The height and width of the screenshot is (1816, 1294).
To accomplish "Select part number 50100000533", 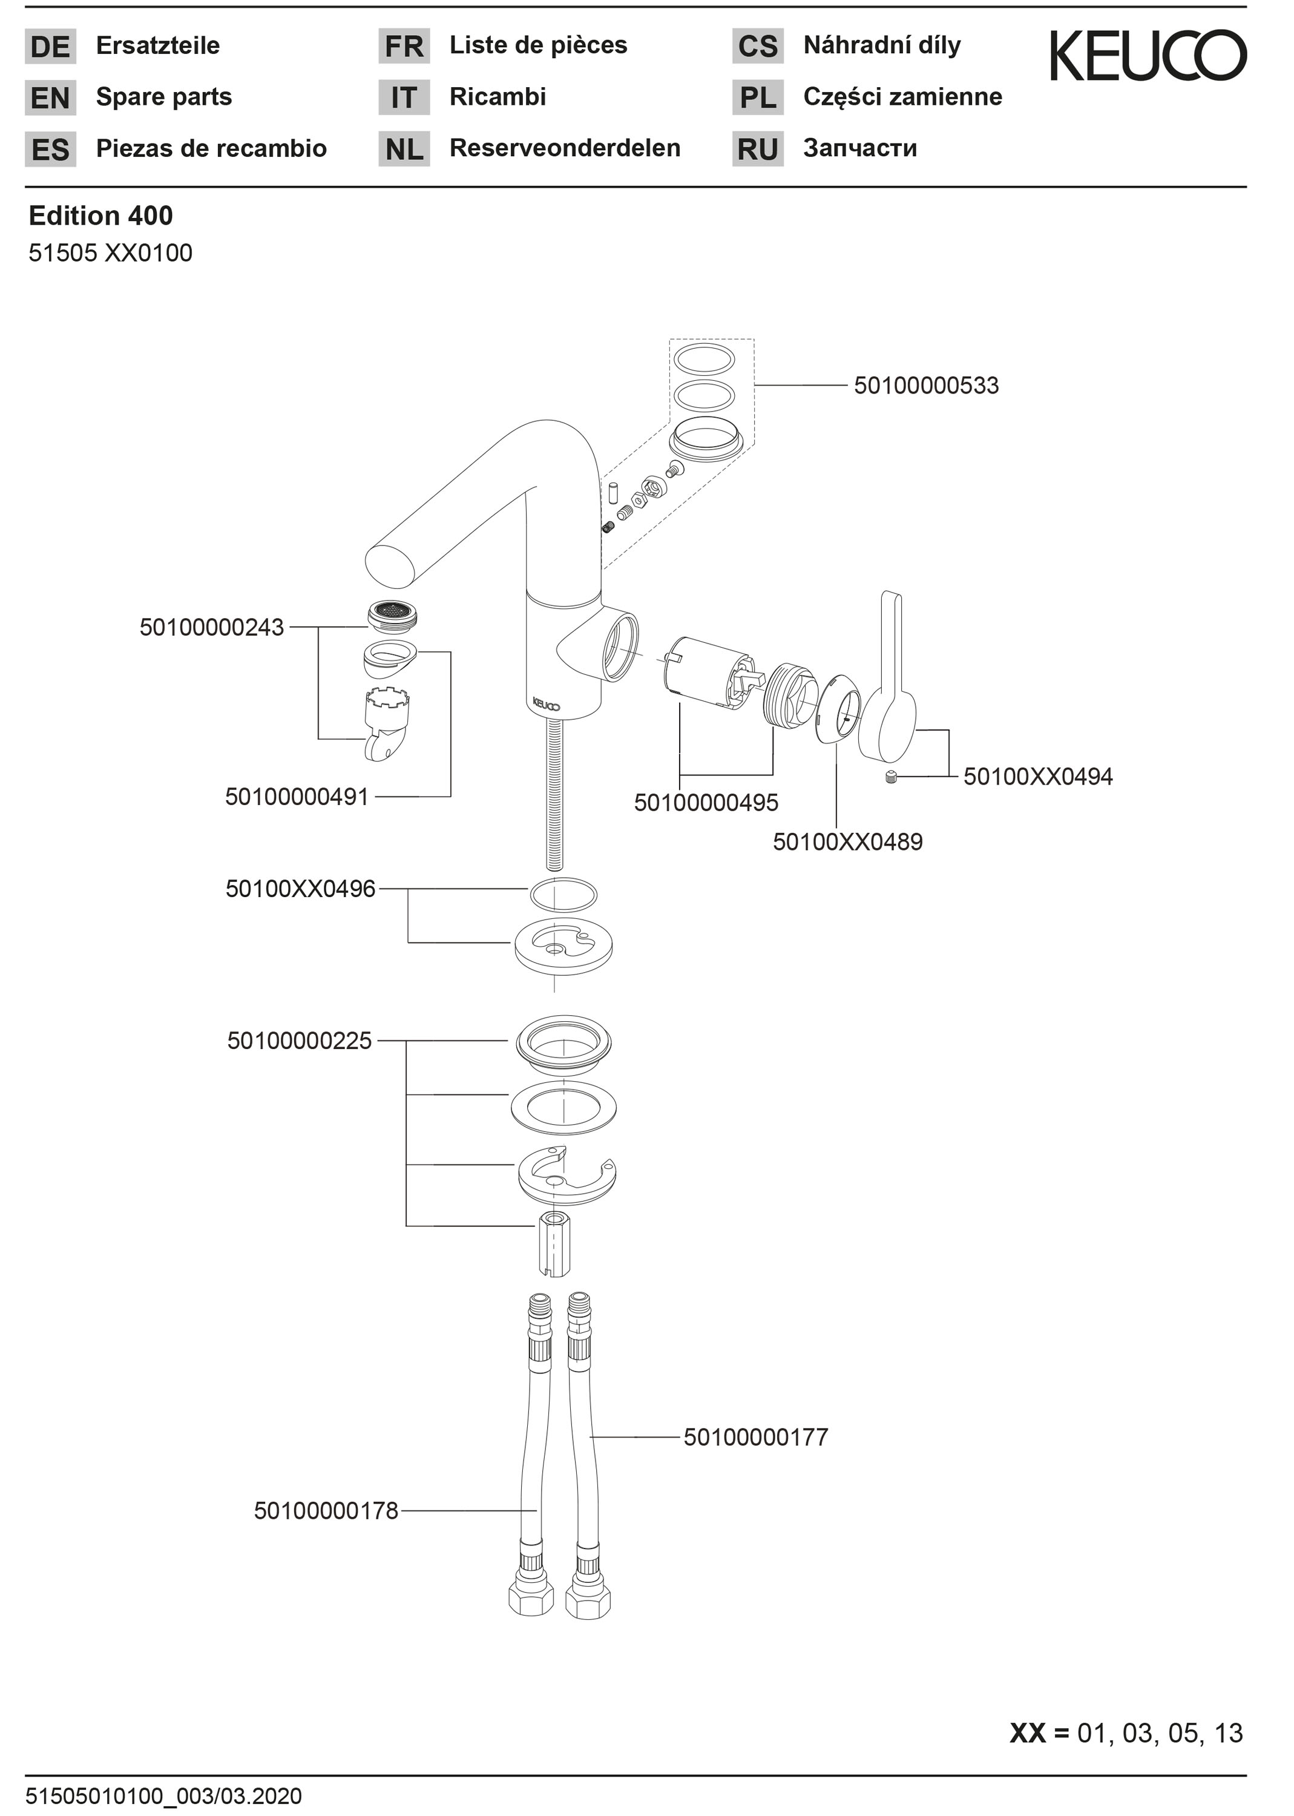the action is pos(926,386).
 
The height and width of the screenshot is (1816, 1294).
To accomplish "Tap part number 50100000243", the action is pos(212,628).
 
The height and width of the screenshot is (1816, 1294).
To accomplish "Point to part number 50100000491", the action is pos(297,797).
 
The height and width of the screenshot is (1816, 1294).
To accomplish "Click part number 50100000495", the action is pos(706,803).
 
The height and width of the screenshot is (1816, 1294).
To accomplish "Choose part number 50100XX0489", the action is pos(848,841).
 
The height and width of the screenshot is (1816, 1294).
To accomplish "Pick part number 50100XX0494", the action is pos(1038,776).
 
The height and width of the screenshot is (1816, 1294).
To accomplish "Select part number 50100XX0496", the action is pos(300,889).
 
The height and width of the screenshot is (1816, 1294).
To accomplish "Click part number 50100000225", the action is pos(300,1041).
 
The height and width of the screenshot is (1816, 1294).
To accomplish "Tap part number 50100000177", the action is pos(756,1438).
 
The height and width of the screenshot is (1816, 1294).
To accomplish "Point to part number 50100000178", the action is pos(326,1511).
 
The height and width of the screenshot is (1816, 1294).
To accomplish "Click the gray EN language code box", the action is pos(50,98).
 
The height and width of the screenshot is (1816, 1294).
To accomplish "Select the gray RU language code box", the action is pos(758,149).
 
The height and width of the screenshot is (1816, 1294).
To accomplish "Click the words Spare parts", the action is pos(164,97).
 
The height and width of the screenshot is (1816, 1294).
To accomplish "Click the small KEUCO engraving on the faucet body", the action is pos(547,705).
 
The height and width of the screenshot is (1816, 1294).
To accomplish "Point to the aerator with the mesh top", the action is pos(395,614).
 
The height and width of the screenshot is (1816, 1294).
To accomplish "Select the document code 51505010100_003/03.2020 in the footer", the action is pos(164,1796).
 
